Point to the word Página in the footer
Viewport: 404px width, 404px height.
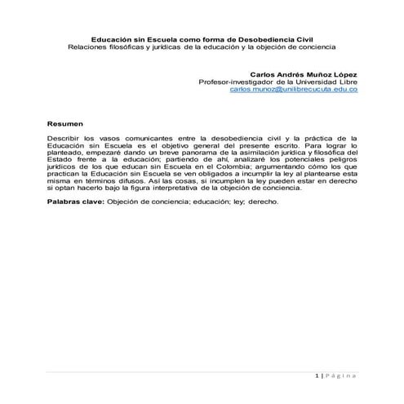coord(342,375)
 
